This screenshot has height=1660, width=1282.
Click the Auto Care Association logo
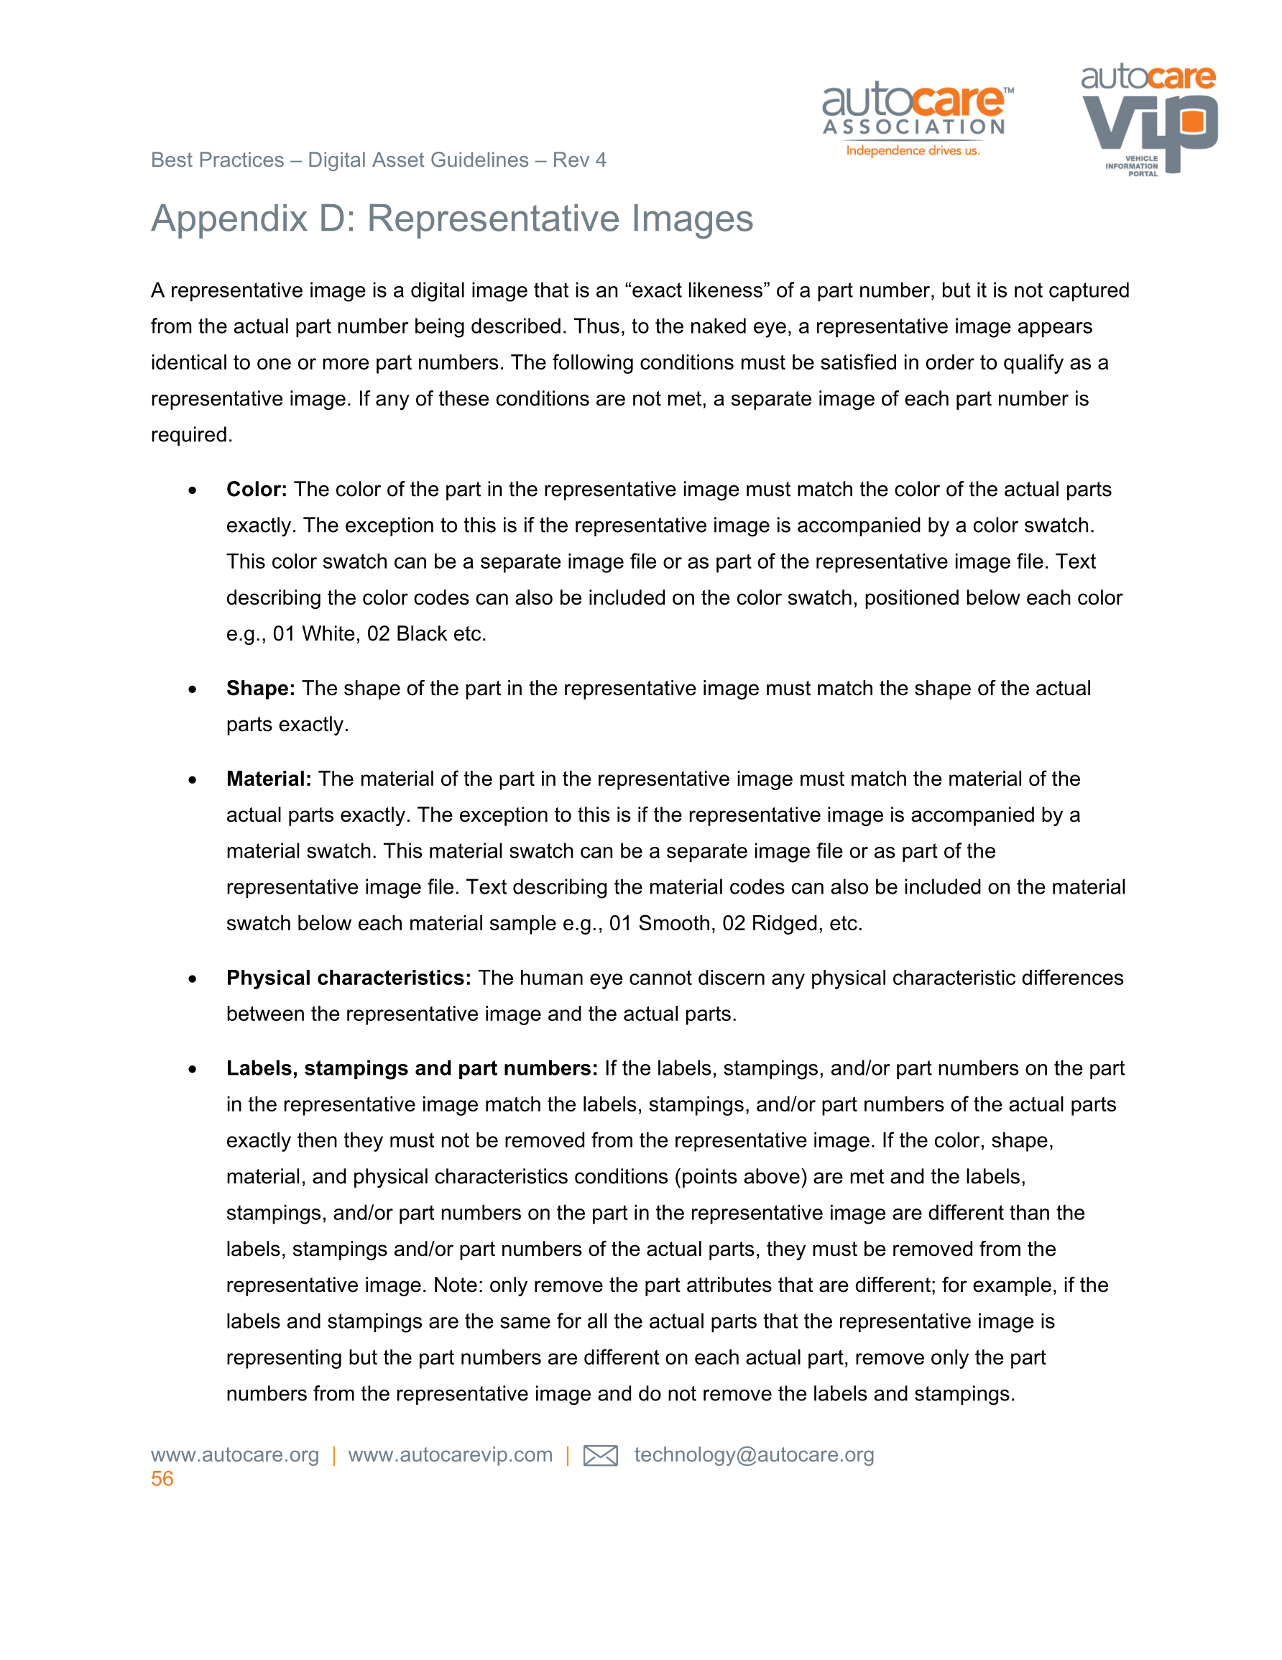coord(916,118)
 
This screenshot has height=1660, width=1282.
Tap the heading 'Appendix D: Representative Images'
coord(451,218)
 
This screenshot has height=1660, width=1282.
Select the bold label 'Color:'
coord(256,490)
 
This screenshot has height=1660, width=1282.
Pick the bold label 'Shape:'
coord(260,689)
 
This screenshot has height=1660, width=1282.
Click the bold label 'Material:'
coord(268,779)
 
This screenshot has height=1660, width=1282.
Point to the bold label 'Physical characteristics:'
coord(348,978)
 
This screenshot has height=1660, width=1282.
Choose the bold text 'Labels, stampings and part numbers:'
coord(412,1068)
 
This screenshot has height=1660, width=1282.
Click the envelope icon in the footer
coord(599,1456)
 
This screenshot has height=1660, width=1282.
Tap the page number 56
coord(162,1479)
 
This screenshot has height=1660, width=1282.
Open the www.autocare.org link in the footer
coord(235,1455)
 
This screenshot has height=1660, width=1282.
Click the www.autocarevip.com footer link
coord(450,1455)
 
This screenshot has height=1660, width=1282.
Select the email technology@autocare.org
coord(754,1455)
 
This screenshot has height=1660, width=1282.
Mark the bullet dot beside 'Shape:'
coord(193,689)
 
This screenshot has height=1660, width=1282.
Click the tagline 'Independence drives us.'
coord(913,150)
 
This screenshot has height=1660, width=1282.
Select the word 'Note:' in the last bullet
coord(458,1285)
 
